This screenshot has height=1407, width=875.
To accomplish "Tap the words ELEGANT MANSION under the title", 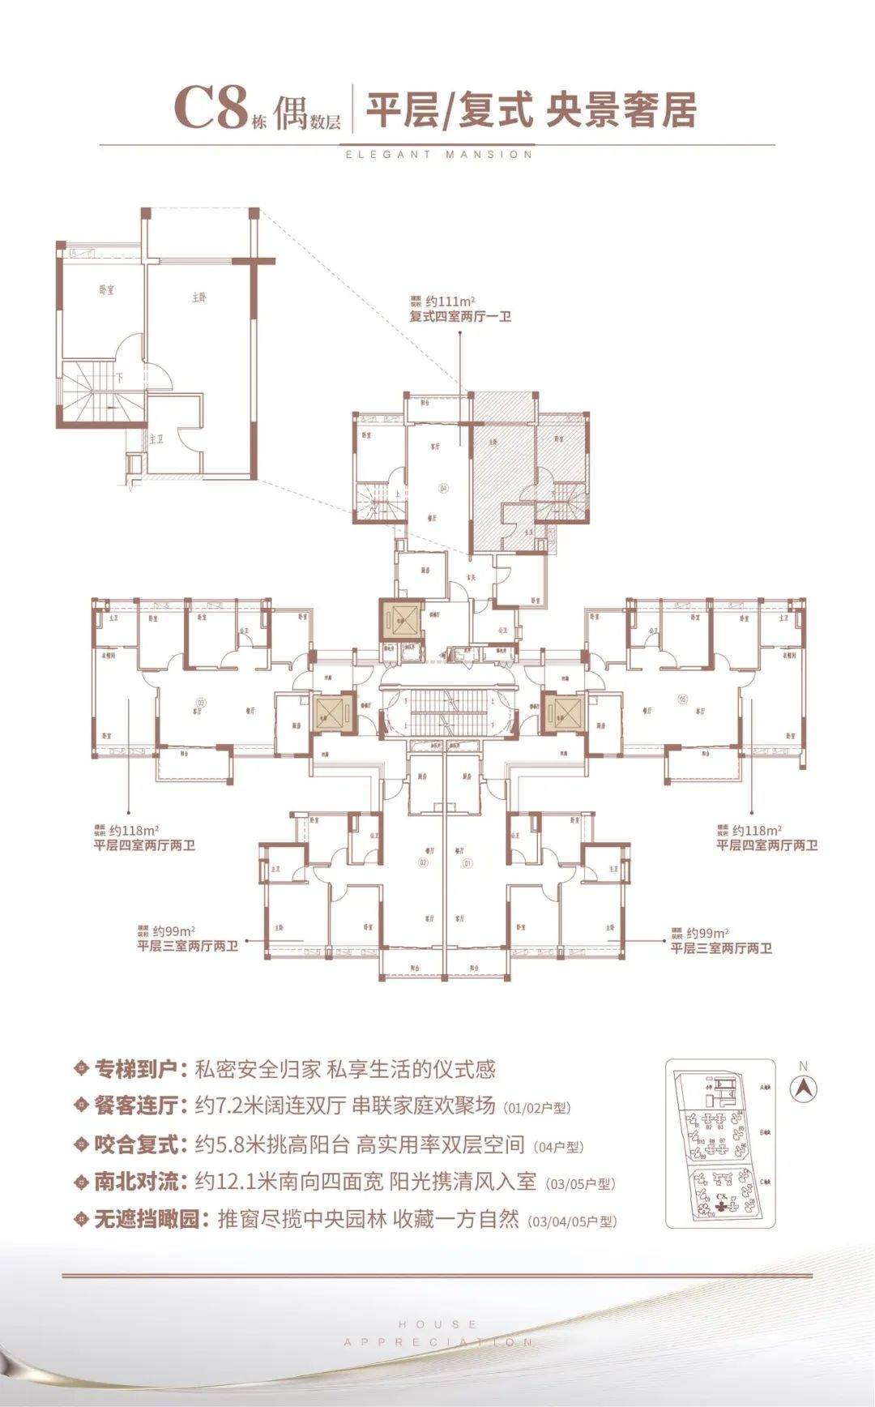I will (x=438, y=154).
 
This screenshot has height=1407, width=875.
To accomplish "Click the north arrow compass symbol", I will (x=804, y=1090).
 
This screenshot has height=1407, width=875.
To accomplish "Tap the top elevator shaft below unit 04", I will (x=402, y=622).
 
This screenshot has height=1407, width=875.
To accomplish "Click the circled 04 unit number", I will (x=442, y=488).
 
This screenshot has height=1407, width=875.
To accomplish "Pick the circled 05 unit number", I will (x=681, y=698).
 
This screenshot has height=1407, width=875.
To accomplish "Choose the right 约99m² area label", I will (x=706, y=933).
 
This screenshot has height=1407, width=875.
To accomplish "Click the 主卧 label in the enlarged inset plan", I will (x=199, y=297).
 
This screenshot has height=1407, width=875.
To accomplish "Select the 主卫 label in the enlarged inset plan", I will (x=156, y=438).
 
